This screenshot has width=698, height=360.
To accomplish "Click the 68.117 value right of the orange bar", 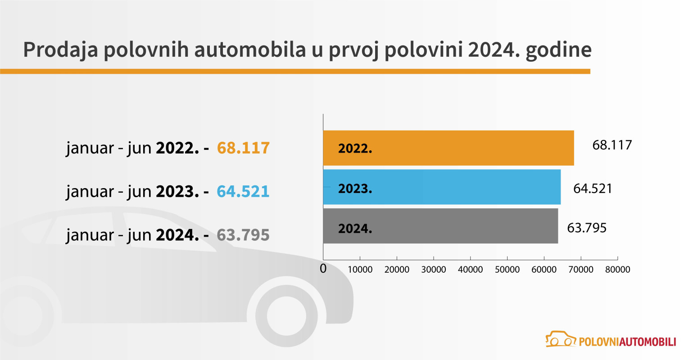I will click(x=612, y=145).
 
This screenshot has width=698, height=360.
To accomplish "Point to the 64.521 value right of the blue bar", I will click(x=593, y=188).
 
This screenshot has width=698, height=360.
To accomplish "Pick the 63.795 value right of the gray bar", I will click(x=586, y=228).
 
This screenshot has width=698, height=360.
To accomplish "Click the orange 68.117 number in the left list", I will click(x=243, y=148).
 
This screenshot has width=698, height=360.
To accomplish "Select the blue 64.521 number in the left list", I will click(x=243, y=191).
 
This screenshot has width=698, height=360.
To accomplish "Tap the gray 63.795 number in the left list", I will click(x=243, y=235).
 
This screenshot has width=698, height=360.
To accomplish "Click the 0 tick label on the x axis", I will click(x=323, y=269).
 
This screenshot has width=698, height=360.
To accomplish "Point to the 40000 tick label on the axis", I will click(x=470, y=270).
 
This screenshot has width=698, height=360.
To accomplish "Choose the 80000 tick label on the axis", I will click(x=617, y=270).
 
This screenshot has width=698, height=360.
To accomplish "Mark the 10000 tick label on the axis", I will click(x=360, y=270).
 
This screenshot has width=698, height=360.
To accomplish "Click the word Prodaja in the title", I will click(x=60, y=49).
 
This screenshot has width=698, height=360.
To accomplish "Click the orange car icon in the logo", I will click(x=561, y=340).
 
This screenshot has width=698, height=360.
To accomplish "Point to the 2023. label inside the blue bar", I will click(x=355, y=189).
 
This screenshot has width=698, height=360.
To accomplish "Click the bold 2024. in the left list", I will click(x=177, y=235).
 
